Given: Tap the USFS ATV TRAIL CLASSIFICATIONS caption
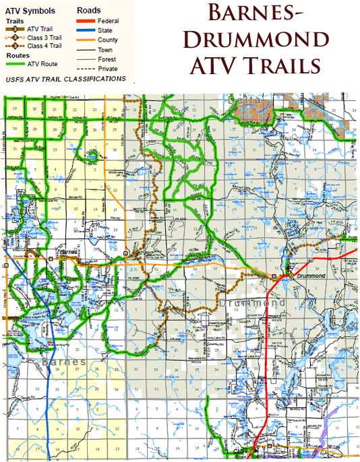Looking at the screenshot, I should (x=65, y=79).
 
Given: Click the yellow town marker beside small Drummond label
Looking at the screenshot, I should (x=275, y=276).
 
